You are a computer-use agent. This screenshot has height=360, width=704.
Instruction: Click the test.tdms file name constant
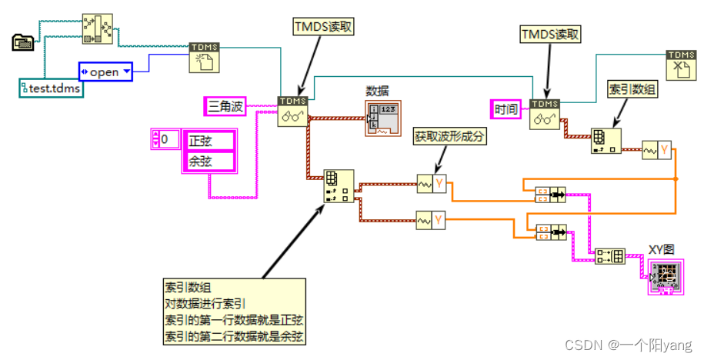coord(51,88)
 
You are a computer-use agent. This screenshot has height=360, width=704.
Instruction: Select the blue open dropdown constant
coord(105,72)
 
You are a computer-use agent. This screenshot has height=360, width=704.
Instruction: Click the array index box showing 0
coord(165,139)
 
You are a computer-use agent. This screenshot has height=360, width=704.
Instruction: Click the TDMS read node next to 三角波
coord(292,112)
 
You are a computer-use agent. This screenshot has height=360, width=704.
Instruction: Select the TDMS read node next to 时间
coord(545,114)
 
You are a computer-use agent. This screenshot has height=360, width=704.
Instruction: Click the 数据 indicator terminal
coord(382,118)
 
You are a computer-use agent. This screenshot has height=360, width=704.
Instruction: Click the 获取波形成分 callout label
coord(451,136)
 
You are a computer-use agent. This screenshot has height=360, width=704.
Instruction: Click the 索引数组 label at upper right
coord(632,89)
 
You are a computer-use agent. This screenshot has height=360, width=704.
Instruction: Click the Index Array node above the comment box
coord(339,186)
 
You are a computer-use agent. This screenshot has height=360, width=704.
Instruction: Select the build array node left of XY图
coord(610,257)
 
